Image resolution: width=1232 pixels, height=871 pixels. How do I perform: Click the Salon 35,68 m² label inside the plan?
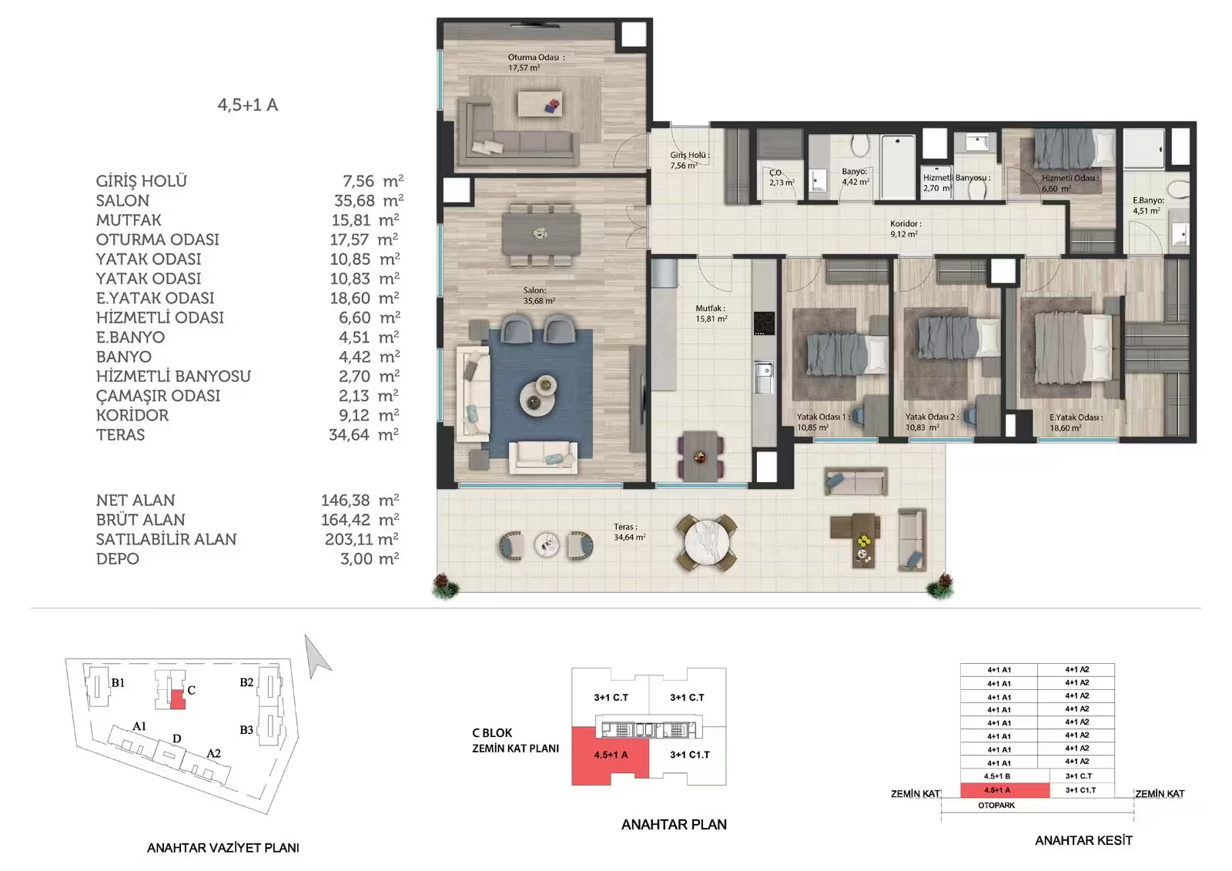(x=539, y=296)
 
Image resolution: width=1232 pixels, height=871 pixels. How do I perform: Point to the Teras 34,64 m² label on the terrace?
(x=629, y=532)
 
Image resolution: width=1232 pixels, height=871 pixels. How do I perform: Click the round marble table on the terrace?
(x=707, y=542)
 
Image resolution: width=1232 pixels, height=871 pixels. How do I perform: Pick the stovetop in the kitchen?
(x=764, y=323)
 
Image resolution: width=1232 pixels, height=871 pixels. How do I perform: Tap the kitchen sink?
(x=763, y=377)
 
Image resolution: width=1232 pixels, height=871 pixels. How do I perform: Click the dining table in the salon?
(x=541, y=234)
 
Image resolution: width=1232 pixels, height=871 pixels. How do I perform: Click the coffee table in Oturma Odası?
(x=540, y=104)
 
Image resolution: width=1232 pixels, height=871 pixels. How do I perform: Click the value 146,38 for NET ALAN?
(x=346, y=500)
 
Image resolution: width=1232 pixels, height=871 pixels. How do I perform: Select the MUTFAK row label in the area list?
(x=129, y=220)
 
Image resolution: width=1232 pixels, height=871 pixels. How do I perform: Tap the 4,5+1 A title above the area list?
(x=248, y=105)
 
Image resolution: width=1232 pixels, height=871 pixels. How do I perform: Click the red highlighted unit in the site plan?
(x=178, y=699)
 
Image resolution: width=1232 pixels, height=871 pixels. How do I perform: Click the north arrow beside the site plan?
(x=317, y=657)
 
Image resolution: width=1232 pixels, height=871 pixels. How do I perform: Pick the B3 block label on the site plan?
(x=246, y=729)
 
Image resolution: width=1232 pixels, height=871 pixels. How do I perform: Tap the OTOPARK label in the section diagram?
(x=996, y=805)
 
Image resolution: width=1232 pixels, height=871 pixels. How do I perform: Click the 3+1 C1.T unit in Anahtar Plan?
(x=690, y=755)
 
